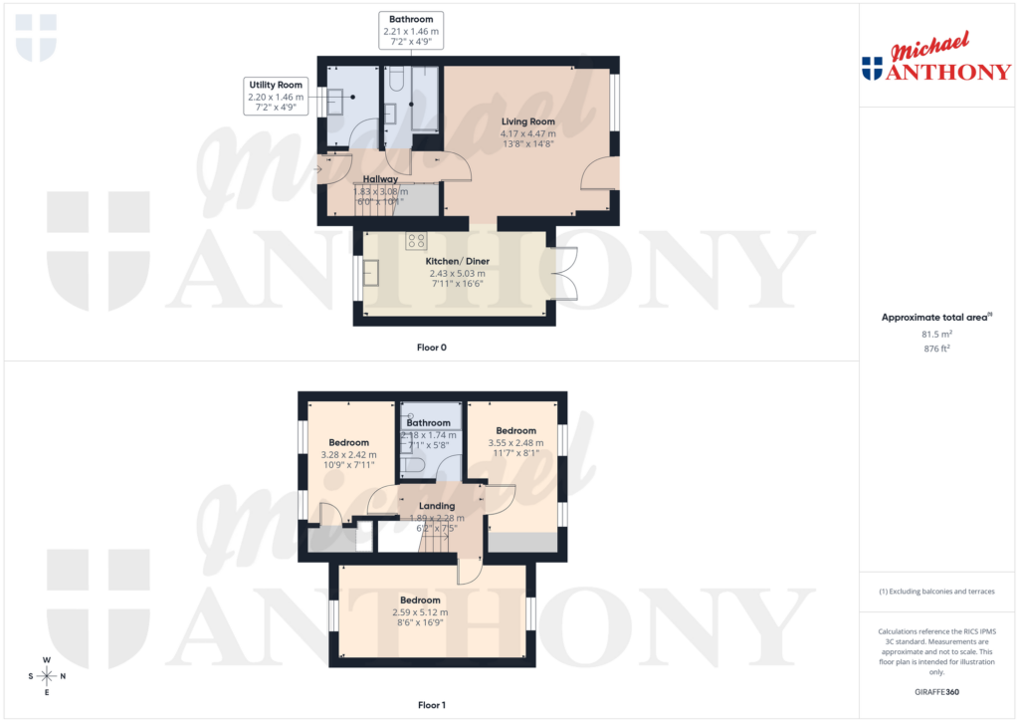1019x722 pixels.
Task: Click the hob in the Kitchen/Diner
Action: coord(416,240)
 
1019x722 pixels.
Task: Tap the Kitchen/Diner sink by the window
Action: coord(372,271)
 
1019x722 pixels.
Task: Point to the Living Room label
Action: coord(528,121)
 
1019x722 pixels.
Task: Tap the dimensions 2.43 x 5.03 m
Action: coord(458,274)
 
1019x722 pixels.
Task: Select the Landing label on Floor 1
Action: coord(437,506)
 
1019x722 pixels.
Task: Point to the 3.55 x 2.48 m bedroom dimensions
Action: coord(515,442)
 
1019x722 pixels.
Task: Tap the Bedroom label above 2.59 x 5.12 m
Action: coord(421,601)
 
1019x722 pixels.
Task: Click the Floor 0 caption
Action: coord(432,348)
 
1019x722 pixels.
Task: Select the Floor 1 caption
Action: coord(432,705)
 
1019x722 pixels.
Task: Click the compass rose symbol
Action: coord(47,676)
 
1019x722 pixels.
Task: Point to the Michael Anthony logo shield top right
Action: coord(872,68)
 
